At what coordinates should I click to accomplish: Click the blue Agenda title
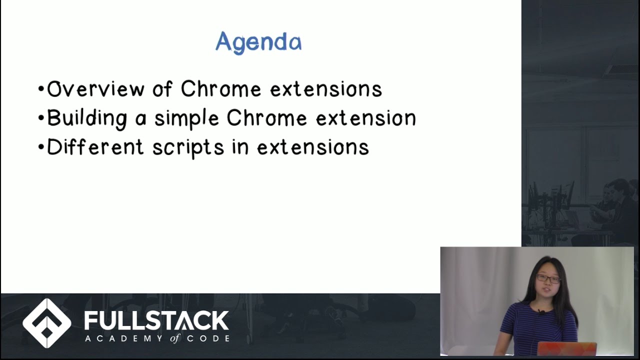(x=258, y=42)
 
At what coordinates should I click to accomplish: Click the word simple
(x=186, y=119)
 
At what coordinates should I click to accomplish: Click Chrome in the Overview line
(x=221, y=89)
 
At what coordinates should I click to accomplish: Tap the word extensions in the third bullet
(x=313, y=147)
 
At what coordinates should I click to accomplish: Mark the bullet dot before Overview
(x=41, y=90)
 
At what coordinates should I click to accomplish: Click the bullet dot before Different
(x=41, y=148)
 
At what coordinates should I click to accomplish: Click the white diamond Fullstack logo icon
(x=47, y=323)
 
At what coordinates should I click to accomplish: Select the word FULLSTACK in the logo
(x=156, y=321)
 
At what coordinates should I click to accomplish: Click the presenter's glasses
(x=548, y=278)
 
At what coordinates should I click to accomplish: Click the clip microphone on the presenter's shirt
(x=541, y=312)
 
